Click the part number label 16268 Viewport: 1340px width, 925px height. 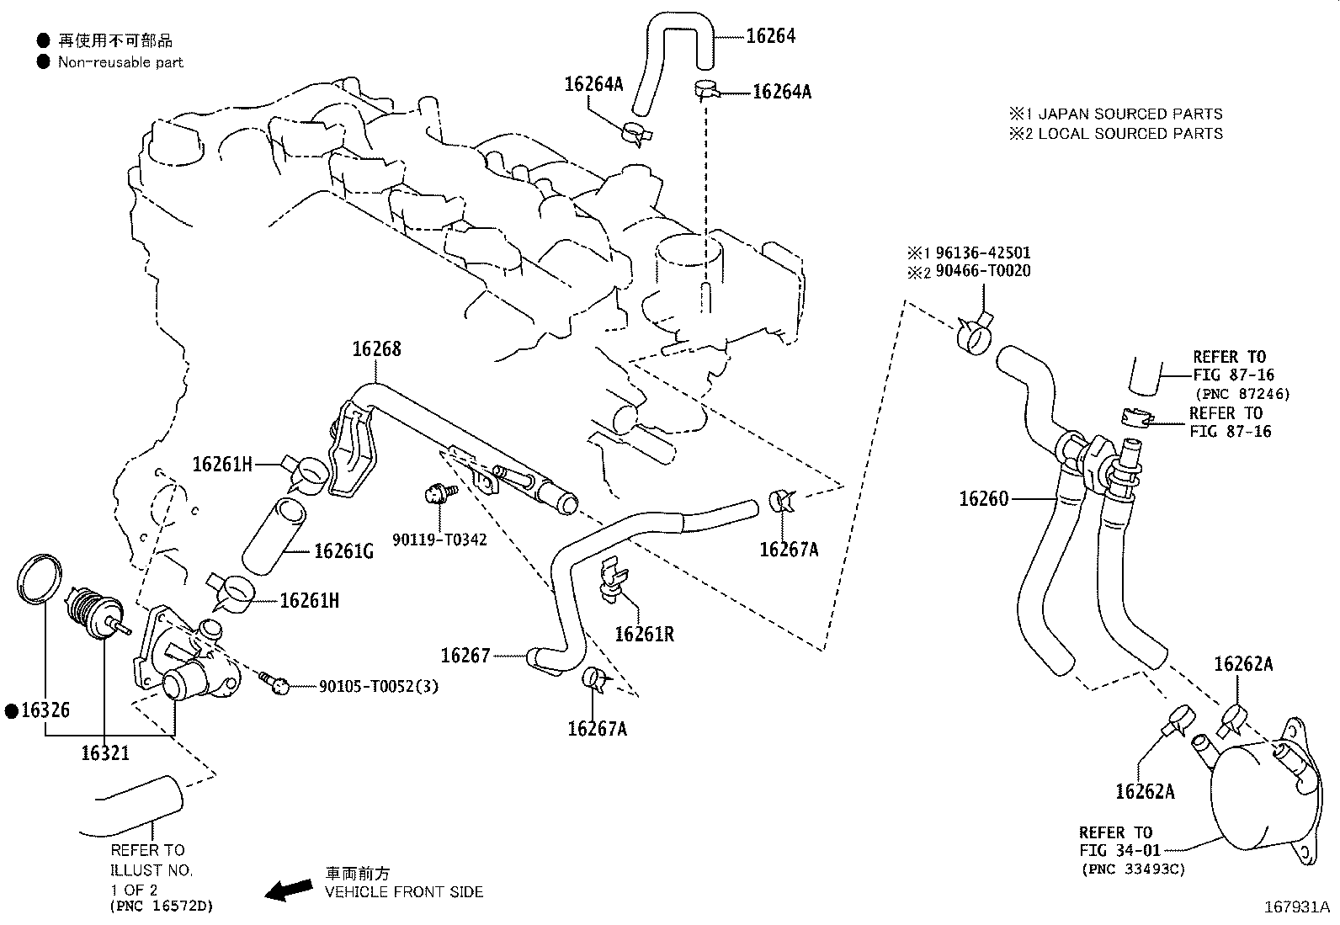pyautogui.click(x=376, y=349)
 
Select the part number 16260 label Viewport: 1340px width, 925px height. pyautogui.click(x=983, y=499)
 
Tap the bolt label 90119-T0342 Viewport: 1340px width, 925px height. pyautogui.click(x=439, y=539)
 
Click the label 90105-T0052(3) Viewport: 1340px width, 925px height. pyautogui.click(x=378, y=687)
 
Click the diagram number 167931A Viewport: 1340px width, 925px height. pyautogui.click(x=1295, y=907)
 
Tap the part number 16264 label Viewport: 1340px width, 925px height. pyautogui.click(x=770, y=36)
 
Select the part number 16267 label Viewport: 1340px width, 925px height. pyautogui.click(x=465, y=655)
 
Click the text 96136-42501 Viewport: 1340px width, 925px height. pyautogui.click(x=978, y=253)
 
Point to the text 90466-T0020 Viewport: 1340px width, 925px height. pyautogui.click(x=978, y=271)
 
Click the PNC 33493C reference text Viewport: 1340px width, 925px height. pyautogui.click(x=1132, y=869)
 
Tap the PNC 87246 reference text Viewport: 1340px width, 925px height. pyautogui.click(x=1242, y=393)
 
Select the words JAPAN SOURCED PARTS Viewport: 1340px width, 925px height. pyautogui.click(x=1130, y=114)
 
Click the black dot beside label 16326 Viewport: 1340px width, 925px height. pyautogui.click(x=11, y=711)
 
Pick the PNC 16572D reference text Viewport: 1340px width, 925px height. pyautogui.click(x=161, y=907)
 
